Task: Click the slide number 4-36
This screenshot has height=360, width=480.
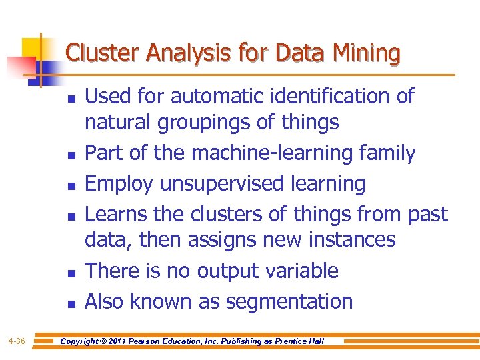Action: coord(17,341)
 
